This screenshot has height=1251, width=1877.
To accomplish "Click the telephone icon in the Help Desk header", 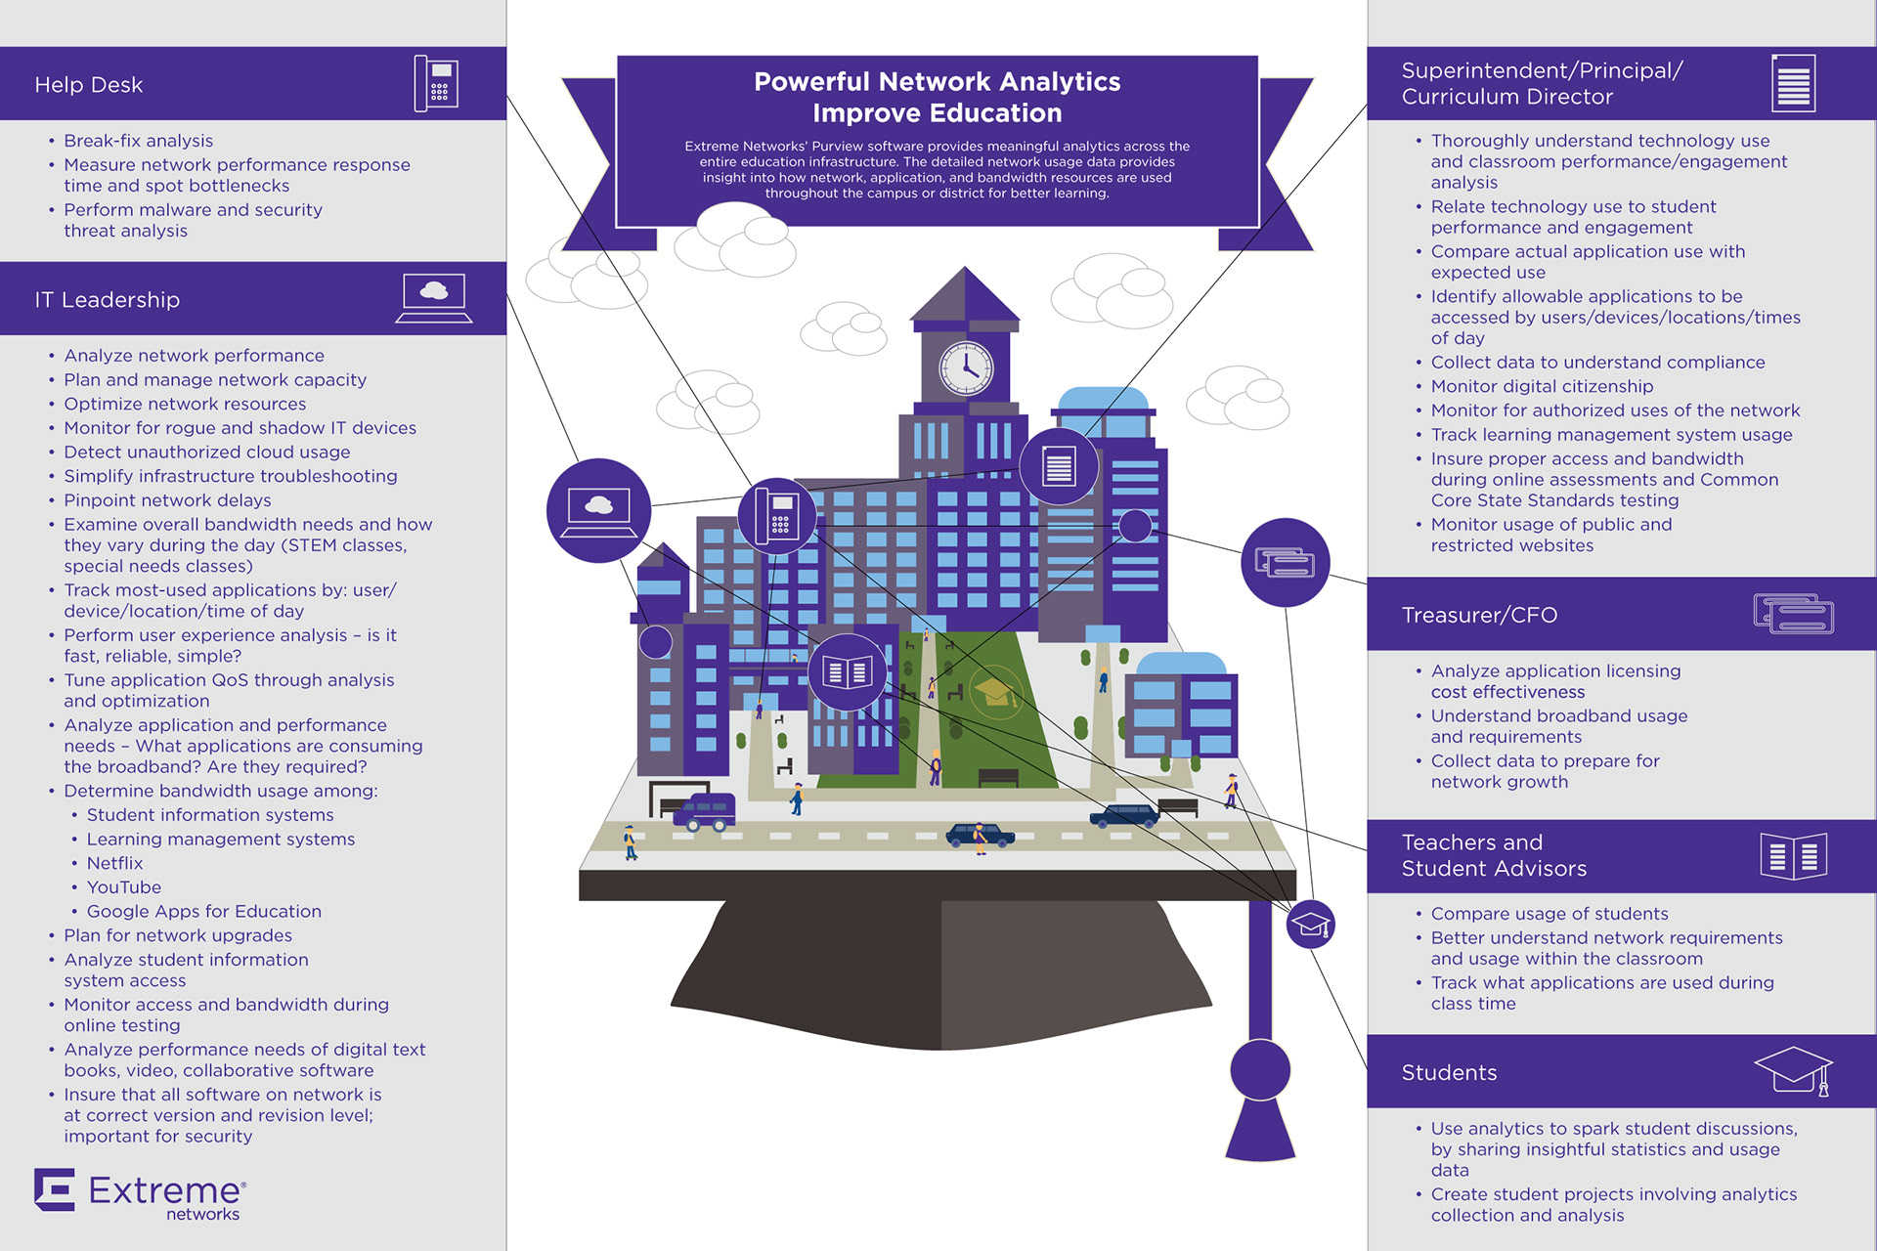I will point(436,83).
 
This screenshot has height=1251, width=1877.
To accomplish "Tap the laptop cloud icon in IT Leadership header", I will point(434,298).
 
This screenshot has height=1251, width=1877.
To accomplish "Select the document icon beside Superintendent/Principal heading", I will point(1793,83).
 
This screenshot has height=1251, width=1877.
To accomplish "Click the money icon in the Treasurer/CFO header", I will point(1793,614).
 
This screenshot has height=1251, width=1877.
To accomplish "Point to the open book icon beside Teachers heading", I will point(1793,856).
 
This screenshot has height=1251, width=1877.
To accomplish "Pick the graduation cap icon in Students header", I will point(1793,1070).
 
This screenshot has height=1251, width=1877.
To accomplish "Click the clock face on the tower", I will point(966,368).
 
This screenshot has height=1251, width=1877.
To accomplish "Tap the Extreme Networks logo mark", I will point(55,1189).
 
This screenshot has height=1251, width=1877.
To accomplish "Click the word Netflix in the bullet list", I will point(114,863).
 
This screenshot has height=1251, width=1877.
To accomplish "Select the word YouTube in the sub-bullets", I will point(124,887).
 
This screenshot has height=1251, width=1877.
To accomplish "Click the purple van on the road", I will point(704,811).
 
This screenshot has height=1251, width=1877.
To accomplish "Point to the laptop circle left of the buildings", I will point(598,510).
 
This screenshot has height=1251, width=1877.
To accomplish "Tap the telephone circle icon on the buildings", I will point(778,515).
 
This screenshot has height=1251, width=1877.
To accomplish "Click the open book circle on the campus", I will point(847,672).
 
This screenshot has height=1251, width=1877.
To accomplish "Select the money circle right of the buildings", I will point(1285,563).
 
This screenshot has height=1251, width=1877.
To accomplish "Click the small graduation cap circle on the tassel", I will point(1310,925).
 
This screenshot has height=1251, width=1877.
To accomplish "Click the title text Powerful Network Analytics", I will point(937,82).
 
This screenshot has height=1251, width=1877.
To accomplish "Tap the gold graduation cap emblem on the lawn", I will point(994,692).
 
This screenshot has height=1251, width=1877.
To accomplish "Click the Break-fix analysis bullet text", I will point(138,141).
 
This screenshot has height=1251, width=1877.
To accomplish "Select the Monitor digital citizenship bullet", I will point(1542,386).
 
